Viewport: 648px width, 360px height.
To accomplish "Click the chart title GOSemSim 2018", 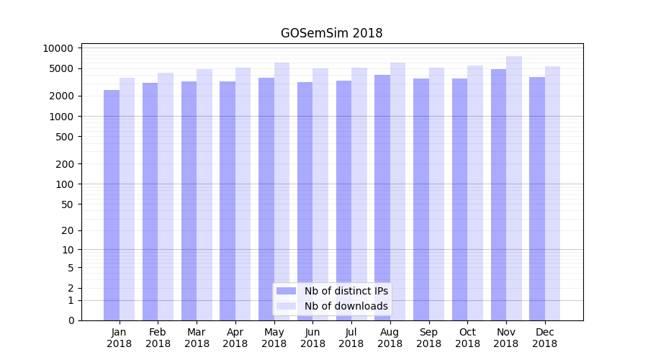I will tap(331, 33).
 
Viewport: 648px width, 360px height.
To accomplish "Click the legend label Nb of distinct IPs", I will tap(346, 291).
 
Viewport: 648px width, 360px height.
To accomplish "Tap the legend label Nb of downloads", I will tap(346, 306).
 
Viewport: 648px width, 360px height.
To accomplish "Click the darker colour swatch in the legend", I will tap(286, 291).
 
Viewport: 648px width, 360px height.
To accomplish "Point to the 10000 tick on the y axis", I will tap(58, 48).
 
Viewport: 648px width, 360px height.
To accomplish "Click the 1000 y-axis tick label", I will tap(61, 117).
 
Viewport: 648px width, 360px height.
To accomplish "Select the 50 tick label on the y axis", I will tap(67, 204).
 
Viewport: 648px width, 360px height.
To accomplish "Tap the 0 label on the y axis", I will tap(71, 320).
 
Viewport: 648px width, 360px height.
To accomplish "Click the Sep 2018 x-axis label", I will tap(428, 338).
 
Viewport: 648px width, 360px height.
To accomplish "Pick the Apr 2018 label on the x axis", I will tap(235, 338).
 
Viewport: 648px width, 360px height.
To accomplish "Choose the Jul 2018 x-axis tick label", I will tap(351, 338).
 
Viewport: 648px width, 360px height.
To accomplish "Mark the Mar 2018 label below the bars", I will tap(197, 338).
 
